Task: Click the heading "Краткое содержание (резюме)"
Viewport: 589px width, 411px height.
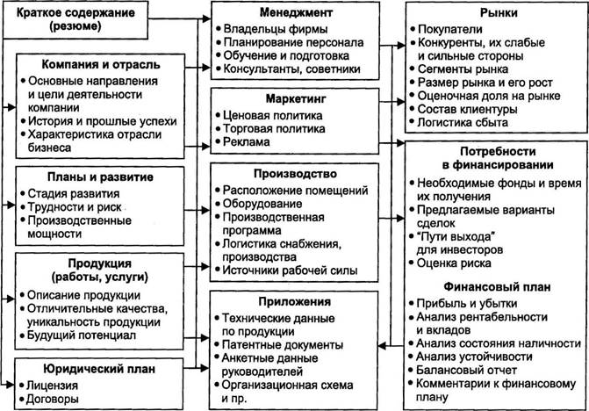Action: click(75, 19)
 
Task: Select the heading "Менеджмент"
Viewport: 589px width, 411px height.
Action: click(296, 13)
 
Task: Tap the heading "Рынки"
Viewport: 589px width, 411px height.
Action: click(499, 13)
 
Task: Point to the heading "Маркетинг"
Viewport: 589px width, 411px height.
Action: click(296, 99)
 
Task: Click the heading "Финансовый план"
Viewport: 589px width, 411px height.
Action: click(497, 287)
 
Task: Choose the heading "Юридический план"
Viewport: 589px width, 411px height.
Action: click(99, 369)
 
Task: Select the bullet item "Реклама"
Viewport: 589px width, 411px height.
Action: click(246, 142)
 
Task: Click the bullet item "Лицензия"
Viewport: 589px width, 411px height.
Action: click(52, 386)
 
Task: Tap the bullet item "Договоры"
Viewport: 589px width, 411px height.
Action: click(52, 399)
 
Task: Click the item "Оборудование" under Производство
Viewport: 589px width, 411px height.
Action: click(262, 204)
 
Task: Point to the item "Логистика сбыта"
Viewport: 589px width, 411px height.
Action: click(463, 122)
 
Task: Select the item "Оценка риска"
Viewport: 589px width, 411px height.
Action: click(454, 263)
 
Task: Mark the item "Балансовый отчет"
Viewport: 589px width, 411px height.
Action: click(466, 370)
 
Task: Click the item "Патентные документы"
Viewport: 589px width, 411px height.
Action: click(282, 345)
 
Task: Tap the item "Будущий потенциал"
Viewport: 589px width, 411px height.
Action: click(82, 335)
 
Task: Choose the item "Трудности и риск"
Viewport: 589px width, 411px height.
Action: click(75, 207)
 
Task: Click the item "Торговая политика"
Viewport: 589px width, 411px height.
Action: click(274, 129)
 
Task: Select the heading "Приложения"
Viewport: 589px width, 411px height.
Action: click(295, 302)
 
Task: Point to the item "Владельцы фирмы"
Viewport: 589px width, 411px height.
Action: click(276, 29)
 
